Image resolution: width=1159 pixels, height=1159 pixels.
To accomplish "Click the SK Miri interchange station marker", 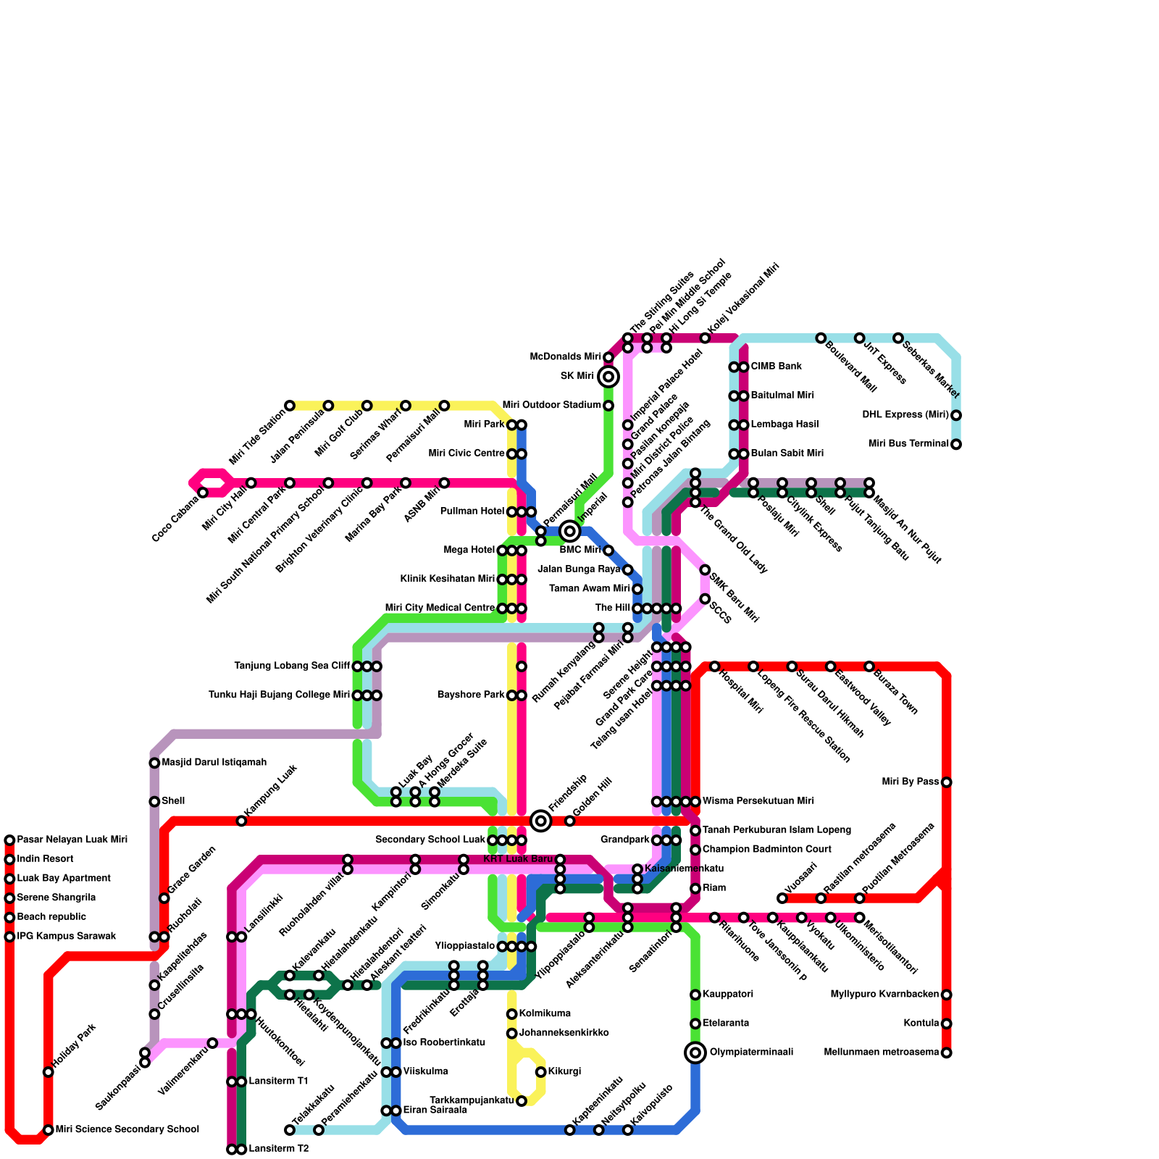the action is pyautogui.click(x=608, y=377).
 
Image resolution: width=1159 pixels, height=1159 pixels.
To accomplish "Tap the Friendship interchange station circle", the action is pyautogui.click(x=540, y=821).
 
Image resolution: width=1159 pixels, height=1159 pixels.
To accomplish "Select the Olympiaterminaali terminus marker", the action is pyautogui.click(x=695, y=1053).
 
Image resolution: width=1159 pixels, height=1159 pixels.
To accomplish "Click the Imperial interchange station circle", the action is pyautogui.click(x=570, y=532).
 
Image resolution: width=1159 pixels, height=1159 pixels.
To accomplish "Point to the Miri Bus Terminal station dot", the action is pyautogui.click(x=956, y=444).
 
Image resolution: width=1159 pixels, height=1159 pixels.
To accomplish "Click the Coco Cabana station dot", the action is pyautogui.click(x=203, y=493).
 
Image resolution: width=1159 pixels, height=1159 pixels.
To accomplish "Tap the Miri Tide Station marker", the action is pyautogui.click(x=290, y=406).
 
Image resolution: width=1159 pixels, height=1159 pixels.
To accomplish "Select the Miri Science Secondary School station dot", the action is pyautogui.click(x=49, y=1130).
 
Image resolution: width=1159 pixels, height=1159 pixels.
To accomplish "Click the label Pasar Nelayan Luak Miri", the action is pyautogui.click(x=72, y=840).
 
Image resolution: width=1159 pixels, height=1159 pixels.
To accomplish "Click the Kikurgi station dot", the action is pyautogui.click(x=540, y=1072).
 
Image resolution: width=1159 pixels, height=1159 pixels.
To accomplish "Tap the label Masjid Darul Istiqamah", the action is pyautogui.click(x=214, y=763).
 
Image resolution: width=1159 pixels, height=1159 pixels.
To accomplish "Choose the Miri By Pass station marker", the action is pyautogui.click(x=946, y=782).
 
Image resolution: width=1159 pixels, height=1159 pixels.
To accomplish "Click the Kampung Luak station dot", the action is pyautogui.click(x=241, y=821).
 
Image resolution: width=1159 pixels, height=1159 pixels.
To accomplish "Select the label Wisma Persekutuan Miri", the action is pyautogui.click(x=758, y=801).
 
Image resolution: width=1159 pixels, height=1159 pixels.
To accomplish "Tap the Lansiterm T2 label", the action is pyautogui.click(x=279, y=1150).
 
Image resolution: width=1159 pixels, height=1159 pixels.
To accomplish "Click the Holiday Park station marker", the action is pyautogui.click(x=49, y=1072).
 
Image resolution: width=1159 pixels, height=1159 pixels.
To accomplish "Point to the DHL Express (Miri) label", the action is pyautogui.click(x=905, y=415).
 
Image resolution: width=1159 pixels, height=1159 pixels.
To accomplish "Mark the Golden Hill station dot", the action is pyautogui.click(x=570, y=821).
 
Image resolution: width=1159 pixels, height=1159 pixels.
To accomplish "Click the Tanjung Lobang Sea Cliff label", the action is pyautogui.click(x=292, y=666).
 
